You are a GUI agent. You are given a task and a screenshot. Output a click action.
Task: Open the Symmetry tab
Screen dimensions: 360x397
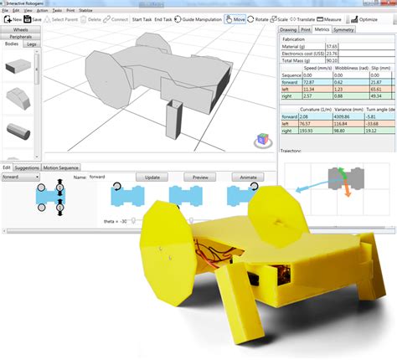coord(344,29)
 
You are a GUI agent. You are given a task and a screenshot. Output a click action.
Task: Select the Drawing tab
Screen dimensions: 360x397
coord(289,29)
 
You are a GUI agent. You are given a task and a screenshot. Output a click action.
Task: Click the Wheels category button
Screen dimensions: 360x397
coord(20,29)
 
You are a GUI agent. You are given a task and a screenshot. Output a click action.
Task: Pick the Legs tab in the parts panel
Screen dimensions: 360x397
coord(30,44)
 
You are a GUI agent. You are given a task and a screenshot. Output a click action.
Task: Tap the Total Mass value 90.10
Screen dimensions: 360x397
coord(332,59)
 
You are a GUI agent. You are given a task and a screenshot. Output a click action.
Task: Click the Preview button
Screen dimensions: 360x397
coord(200,177)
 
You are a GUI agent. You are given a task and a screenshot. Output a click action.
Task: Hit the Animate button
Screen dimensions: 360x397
coord(249,177)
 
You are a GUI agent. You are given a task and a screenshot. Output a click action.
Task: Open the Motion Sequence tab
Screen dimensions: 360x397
coord(62,167)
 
